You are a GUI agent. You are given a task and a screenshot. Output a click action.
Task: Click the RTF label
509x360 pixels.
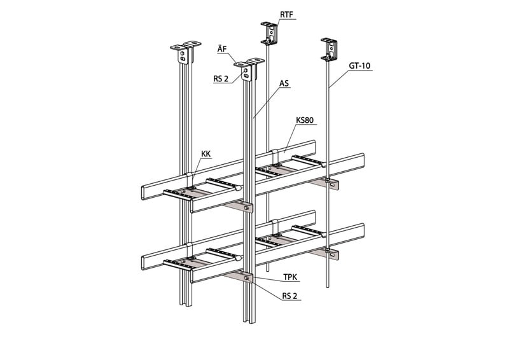click(286, 15)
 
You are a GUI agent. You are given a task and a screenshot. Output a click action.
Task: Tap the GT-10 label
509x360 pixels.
click(359, 66)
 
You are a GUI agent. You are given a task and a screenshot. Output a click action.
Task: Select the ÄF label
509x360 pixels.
click(222, 50)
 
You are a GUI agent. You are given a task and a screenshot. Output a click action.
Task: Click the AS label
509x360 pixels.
click(284, 84)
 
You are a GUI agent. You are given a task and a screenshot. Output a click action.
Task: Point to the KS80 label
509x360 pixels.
click(305, 120)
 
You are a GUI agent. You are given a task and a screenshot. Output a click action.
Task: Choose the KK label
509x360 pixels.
click(206, 154)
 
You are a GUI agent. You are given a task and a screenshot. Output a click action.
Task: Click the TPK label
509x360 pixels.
click(290, 277)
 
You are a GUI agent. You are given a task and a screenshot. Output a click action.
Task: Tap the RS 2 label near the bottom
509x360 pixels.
click(289, 296)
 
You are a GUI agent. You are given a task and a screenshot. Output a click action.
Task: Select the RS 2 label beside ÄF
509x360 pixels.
click(221, 79)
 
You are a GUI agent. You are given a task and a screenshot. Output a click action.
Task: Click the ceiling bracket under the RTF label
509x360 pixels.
click(269, 33)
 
